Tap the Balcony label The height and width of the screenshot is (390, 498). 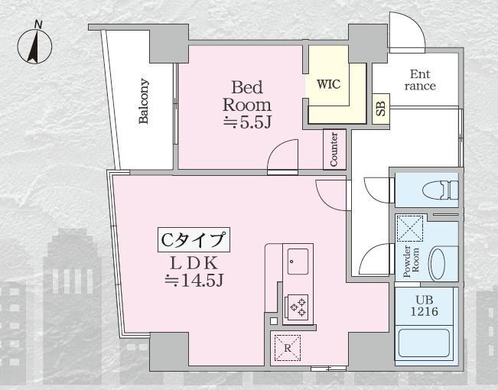144,101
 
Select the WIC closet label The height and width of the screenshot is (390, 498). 327,82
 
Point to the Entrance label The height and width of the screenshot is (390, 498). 419,80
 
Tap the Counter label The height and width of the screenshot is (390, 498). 334,149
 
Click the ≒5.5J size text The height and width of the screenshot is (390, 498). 247,122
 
